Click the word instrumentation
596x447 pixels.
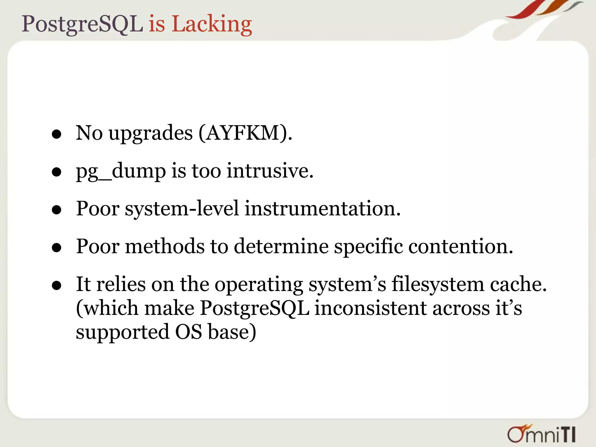[x=322, y=209]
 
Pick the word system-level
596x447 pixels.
[x=182, y=209]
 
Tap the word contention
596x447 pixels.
[x=460, y=246]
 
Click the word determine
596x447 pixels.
[x=281, y=246]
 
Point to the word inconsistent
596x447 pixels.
[x=370, y=308]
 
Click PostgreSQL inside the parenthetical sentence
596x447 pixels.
[x=255, y=309]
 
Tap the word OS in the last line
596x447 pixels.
[x=189, y=332]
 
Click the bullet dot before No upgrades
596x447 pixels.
[x=56, y=134]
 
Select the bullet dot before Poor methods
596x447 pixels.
[x=56, y=248]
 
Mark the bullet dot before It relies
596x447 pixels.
[x=56, y=286]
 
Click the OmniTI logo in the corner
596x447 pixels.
[x=541, y=434]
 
